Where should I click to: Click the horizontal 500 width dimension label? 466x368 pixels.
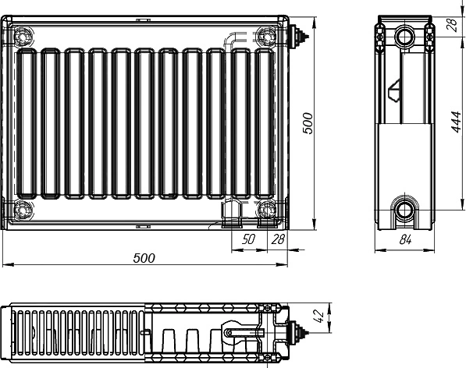[x=144, y=258]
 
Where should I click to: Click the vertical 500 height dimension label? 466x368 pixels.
[x=308, y=123]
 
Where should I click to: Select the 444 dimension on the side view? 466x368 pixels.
[x=456, y=122]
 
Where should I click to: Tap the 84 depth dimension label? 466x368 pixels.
[x=405, y=239]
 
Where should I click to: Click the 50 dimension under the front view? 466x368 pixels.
[x=248, y=239]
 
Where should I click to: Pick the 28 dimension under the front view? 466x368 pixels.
[x=278, y=239]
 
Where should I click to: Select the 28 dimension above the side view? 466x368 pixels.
[x=452, y=25]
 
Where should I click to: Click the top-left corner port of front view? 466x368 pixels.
[x=23, y=37]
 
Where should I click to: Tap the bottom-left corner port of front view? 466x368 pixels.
[x=23, y=210]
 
